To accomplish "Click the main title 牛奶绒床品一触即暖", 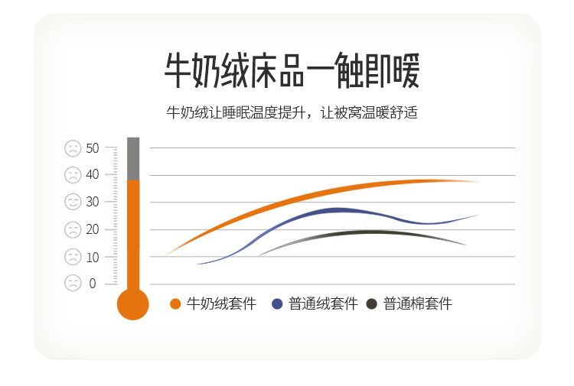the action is tap(292, 70).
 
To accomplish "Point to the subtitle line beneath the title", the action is tap(292, 112).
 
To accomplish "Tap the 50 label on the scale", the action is tap(93, 148).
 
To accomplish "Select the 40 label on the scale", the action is tap(93, 174).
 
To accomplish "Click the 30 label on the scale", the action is tap(93, 202).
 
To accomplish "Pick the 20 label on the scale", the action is tap(93, 229).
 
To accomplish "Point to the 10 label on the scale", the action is tap(93, 258).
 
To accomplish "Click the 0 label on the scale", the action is tap(93, 284).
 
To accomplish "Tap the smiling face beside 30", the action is tap(73, 202).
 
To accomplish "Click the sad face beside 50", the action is tap(73, 148).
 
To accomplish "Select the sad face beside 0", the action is tap(73, 283).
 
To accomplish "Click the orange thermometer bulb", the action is tap(133, 304).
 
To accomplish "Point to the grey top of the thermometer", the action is tap(133, 159).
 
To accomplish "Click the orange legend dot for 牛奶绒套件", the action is tap(175, 303).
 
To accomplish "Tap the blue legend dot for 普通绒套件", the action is tap(277, 303).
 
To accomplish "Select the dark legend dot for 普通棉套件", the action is tap(371, 303).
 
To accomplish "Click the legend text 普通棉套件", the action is tap(418, 303).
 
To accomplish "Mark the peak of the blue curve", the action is tap(337, 210).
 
